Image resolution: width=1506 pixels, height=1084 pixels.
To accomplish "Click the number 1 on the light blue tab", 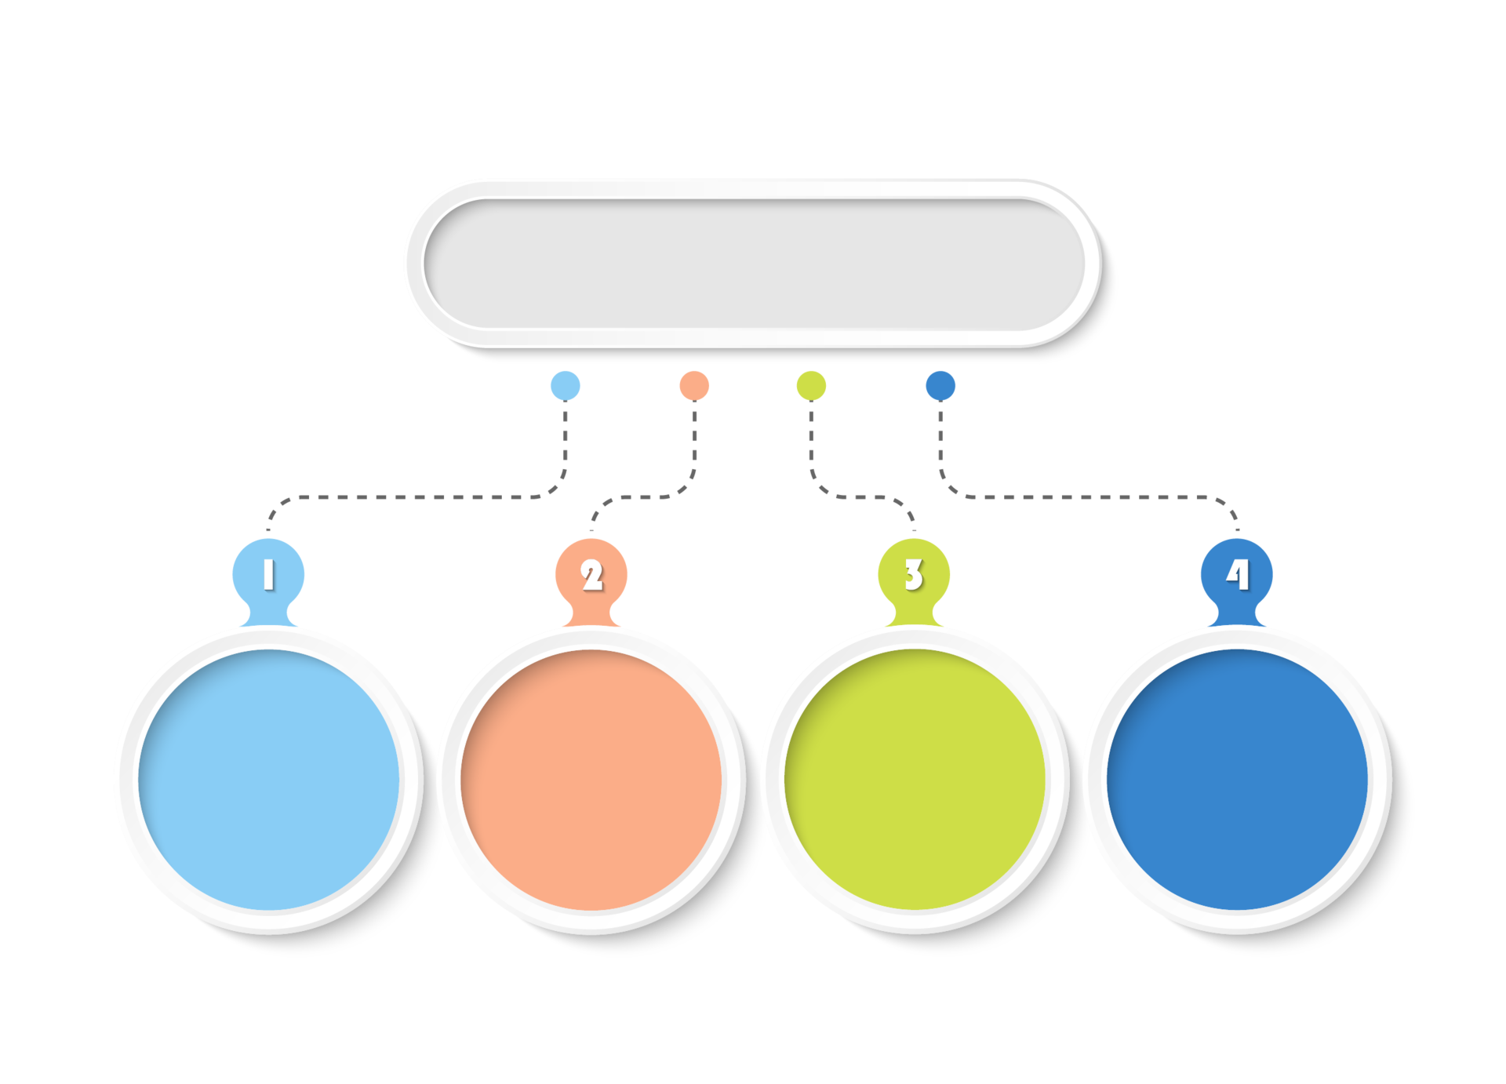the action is [268, 573].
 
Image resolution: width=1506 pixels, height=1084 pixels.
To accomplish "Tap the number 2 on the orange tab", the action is [592, 574].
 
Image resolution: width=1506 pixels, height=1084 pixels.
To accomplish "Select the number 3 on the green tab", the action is [914, 574].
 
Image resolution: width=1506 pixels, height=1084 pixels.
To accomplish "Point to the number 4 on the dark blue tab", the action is [1237, 573].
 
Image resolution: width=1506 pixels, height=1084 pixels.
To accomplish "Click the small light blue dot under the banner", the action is [565, 385].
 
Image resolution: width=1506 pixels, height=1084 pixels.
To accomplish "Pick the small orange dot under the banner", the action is [694, 385].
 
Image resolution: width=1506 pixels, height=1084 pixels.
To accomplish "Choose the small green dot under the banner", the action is [811, 385].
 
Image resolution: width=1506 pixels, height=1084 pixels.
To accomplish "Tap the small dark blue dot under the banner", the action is [940, 385].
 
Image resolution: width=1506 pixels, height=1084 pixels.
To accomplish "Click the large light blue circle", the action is [268, 780].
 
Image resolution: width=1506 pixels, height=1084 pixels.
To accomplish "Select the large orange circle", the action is [591, 780].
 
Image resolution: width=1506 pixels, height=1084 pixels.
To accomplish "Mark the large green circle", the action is [915, 780].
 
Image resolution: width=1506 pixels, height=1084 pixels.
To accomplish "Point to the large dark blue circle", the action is [1237, 780].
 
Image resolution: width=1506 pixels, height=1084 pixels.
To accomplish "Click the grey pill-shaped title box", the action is [754, 264].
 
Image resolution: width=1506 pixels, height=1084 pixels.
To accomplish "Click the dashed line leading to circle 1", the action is [416, 497].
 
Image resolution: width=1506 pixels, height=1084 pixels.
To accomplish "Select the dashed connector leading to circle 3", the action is [847, 497].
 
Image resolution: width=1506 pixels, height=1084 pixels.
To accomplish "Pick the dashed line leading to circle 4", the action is [1090, 497].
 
